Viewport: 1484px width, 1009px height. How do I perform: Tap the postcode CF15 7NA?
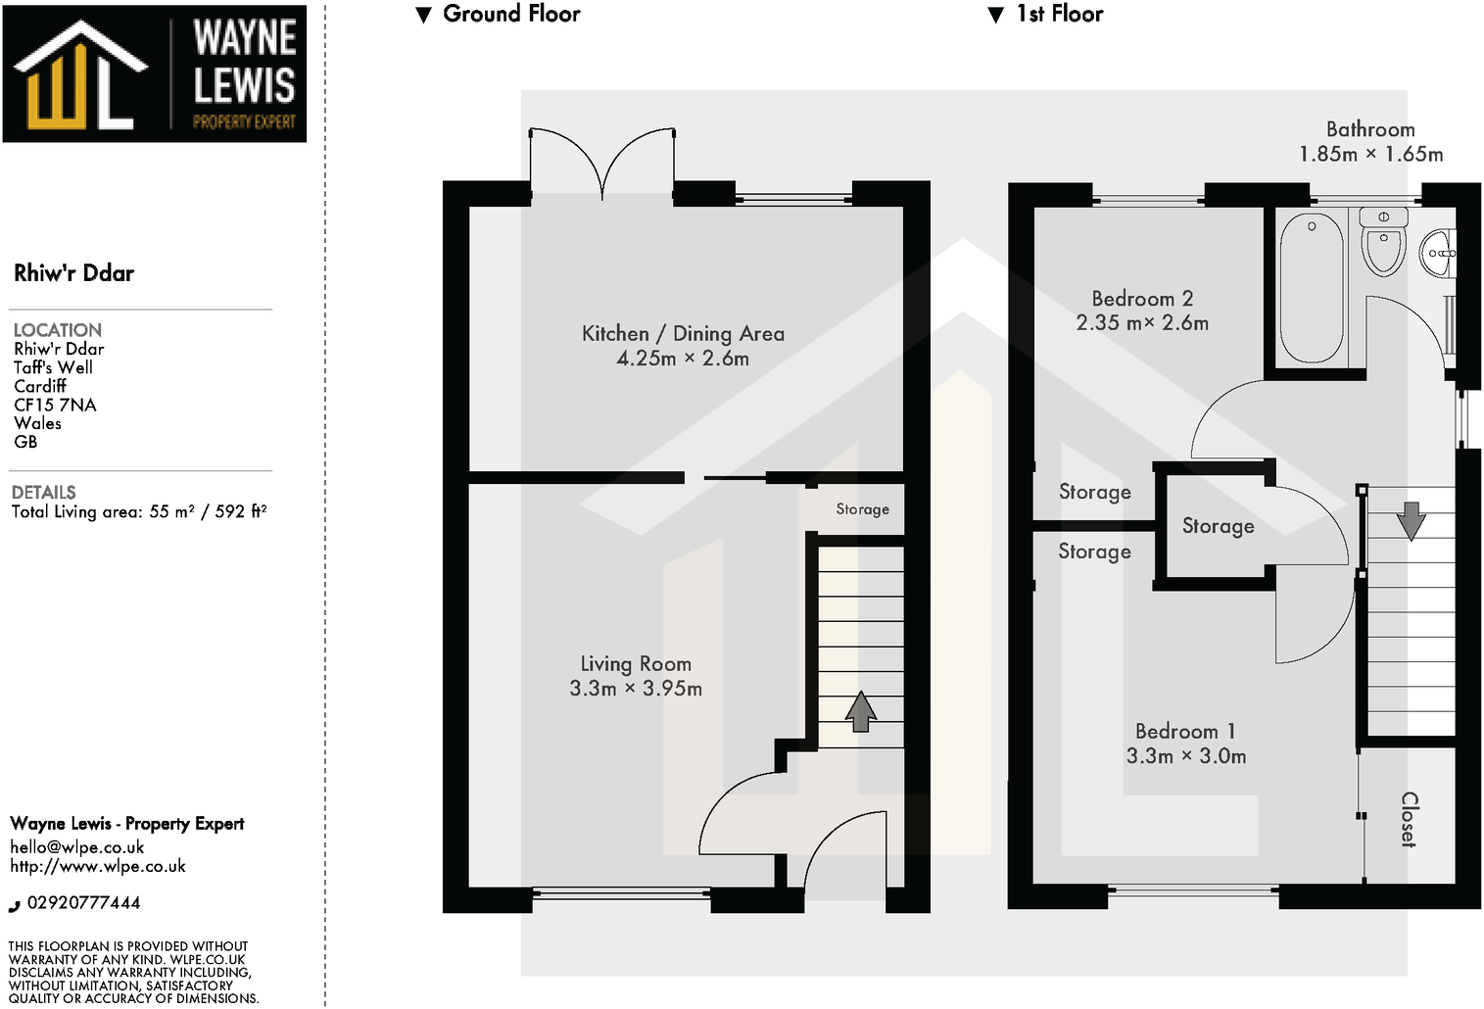[55, 405]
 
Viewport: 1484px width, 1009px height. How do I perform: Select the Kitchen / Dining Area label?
[683, 333]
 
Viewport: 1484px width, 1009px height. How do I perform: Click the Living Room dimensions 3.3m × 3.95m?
[636, 689]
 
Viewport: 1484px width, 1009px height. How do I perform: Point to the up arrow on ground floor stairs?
[860, 711]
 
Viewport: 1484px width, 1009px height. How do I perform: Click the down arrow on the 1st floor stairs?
[1411, 521]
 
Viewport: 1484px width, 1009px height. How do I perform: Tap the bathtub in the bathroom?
[1312, 289]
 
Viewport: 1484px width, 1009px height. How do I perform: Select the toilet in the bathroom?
[1383, 245]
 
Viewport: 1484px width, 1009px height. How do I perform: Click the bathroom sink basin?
[1438, 253]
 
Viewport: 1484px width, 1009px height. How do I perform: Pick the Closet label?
[1409, 819]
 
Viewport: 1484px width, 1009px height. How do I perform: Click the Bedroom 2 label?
[1142, 299]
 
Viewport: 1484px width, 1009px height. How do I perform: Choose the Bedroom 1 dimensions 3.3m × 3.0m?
[1186, 756]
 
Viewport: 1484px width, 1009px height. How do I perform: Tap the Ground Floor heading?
[511, 14]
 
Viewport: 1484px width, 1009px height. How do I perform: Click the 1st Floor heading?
[1059, 14]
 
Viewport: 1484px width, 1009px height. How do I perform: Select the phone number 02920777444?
[83, 903]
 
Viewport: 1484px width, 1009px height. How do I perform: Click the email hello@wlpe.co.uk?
[77, 847]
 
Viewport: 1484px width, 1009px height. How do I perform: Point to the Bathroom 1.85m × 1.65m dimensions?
[1370, 154]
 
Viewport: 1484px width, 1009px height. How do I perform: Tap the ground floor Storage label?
[862, 509]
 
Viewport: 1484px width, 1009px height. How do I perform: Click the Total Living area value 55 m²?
[171, 511]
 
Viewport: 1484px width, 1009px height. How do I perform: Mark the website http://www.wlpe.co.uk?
[98, 866]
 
